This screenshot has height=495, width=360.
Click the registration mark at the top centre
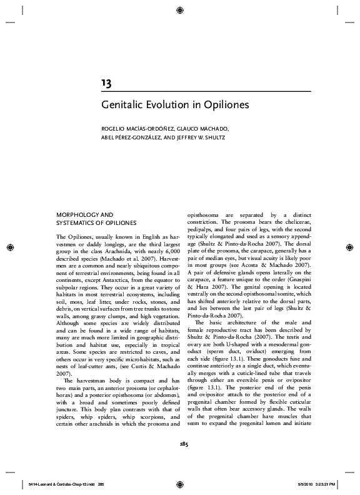pyautogui.click(x=180, y=10)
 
